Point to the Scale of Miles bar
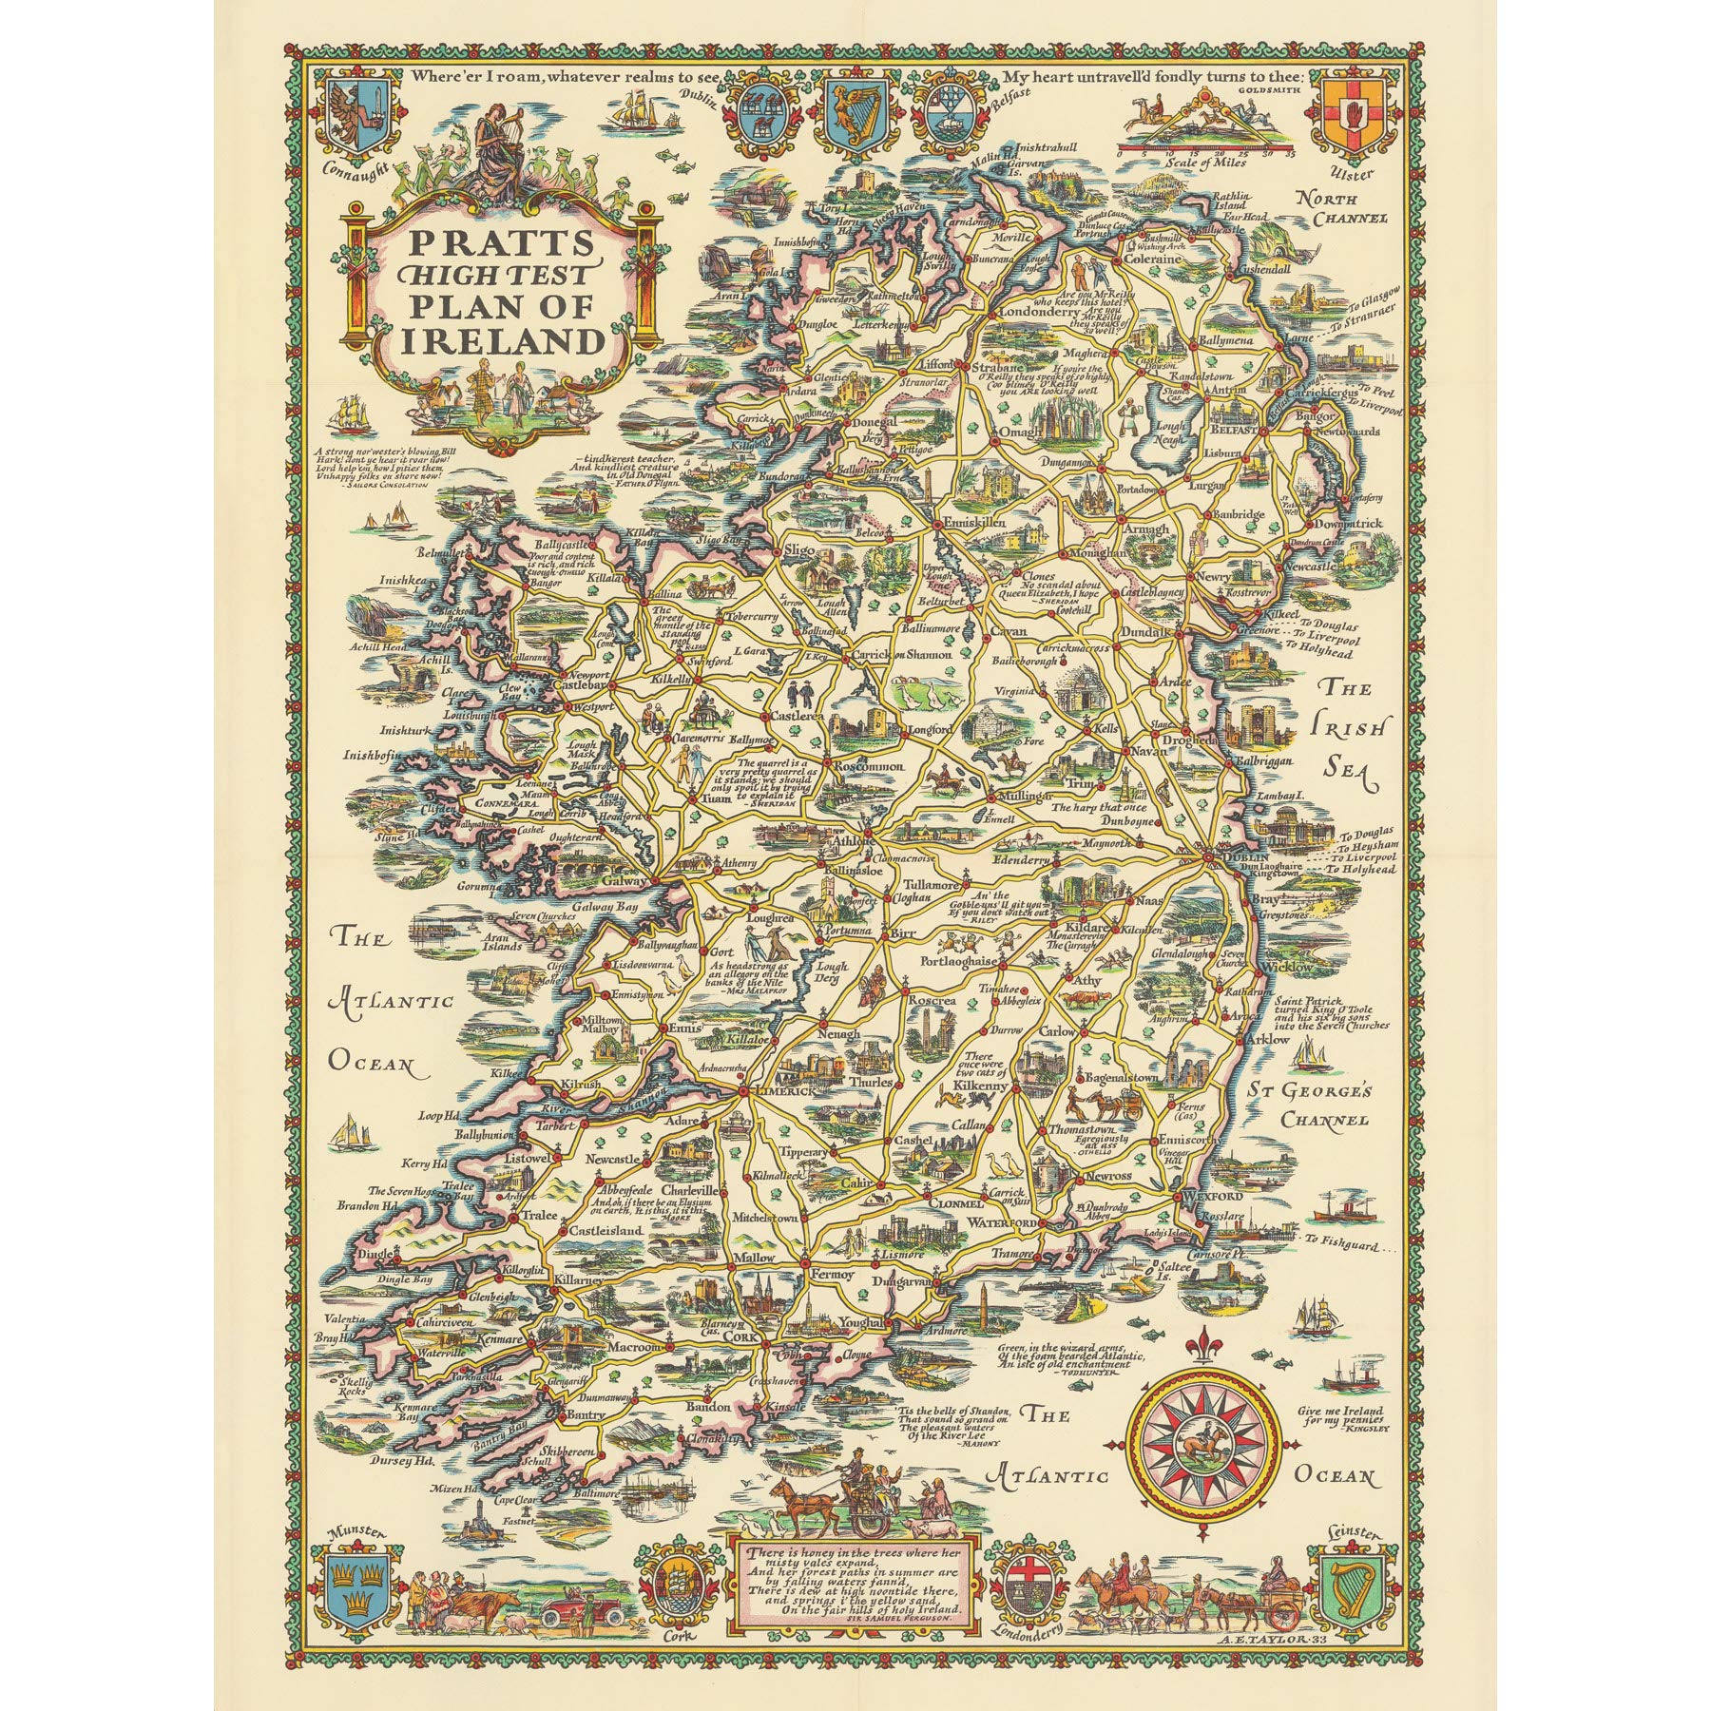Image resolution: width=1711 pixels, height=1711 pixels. coord(1207,150)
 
